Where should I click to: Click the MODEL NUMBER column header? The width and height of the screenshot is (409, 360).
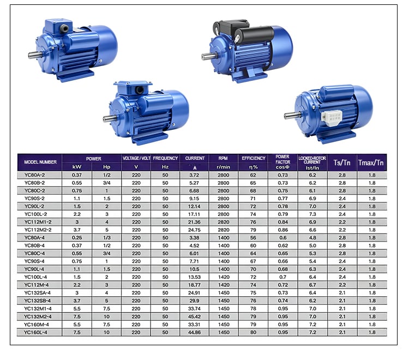(x=40, y=162)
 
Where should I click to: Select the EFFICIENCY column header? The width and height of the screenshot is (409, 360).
(x=253, y=158)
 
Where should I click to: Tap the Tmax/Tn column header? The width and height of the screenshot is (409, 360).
(x=371, y=163)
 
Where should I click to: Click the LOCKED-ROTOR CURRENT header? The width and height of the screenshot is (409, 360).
(x=312, y=160)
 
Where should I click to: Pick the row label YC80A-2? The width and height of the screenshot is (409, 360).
(x=35, y=175)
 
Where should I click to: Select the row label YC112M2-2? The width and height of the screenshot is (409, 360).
(x=38, y=230)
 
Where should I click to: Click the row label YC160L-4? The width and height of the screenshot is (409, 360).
(x=36, y=332)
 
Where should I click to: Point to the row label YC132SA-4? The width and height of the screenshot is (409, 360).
(x=38, y=293)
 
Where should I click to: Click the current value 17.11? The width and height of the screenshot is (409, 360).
(x=194, y=214)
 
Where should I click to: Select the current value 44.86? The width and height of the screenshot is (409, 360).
(x=194, y=332)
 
